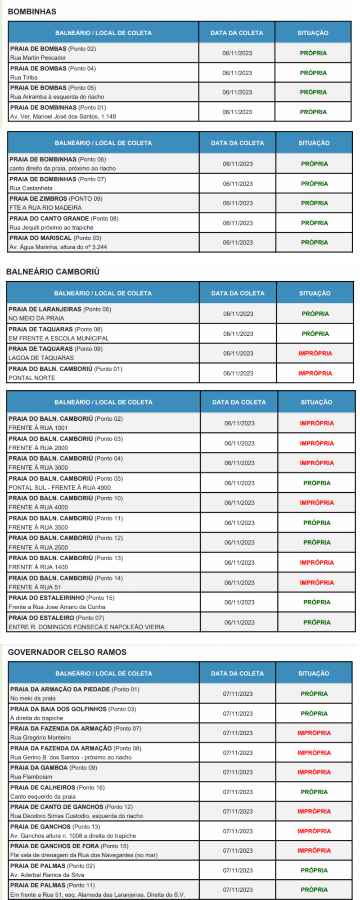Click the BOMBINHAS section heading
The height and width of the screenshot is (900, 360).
(32, 12)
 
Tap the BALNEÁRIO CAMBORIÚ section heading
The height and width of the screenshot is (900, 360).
(53, 272)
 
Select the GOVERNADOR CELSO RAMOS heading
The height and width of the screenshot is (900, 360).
(67, 652)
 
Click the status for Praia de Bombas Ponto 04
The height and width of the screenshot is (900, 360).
(313, 73)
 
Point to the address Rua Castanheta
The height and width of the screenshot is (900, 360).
(31, 189)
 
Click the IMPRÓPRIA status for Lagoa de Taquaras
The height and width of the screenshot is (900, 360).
(315, 354)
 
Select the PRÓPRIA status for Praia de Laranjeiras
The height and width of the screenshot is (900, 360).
(315, 314)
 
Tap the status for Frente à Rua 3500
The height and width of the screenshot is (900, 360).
(317, 523)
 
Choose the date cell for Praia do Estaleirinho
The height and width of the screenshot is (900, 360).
(239, 603)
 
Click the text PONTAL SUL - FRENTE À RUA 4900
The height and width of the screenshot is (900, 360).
(59, 488)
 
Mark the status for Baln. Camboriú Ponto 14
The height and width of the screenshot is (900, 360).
(317, 583)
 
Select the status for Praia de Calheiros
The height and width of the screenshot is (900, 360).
(314, 792)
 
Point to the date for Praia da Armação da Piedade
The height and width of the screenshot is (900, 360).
(238, 694)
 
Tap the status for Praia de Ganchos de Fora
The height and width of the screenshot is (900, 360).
(314, 850)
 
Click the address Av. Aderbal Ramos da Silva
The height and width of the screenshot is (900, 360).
(47, 875)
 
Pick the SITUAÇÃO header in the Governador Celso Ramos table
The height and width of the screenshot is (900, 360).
(314, 674)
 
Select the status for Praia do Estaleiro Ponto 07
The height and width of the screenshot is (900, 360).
(317, 622)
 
